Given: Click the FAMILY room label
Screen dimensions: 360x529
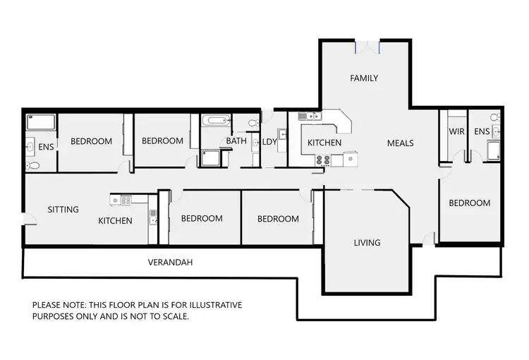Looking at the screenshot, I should click(x=364, y=78).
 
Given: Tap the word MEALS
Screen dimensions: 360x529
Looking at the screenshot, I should click(x=400, y=143).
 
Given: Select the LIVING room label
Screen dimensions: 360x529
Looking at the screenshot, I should click(x=367, y=243).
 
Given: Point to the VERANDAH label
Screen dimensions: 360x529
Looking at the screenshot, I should click(x=170, y=262).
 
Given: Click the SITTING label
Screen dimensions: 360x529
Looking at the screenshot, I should click(x=63, y=210).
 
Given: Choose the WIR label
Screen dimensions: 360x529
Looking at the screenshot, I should click(x=456, y=131).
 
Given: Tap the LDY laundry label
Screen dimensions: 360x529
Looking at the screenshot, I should click(x=269, y=142).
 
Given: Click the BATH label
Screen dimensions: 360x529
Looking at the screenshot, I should click(x=236, y=141).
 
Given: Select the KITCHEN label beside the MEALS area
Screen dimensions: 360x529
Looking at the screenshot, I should click(x=324, y=143).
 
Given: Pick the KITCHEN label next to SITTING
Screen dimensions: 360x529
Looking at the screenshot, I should click(x=115, y=221).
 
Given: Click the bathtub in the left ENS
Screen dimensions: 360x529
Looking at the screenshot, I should click(x=40, y=122).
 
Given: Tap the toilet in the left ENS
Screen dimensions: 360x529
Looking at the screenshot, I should click(x=32, y=166).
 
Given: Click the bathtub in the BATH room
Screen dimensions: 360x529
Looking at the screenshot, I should click(x=213, y=121).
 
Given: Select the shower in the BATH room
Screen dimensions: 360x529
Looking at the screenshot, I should click(x=210, y=158).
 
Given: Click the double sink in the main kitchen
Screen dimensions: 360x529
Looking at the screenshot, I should click(x=308, y=116).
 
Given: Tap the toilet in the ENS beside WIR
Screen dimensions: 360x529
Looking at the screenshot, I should click(x=495, y=116).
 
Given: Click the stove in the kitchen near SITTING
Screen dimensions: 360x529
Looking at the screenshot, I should click(x=126, y=200).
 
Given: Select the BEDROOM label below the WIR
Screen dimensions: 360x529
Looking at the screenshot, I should click(x=469, y=203).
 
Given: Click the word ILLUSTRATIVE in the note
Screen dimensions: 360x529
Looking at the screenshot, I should click(x=214, y=305).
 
